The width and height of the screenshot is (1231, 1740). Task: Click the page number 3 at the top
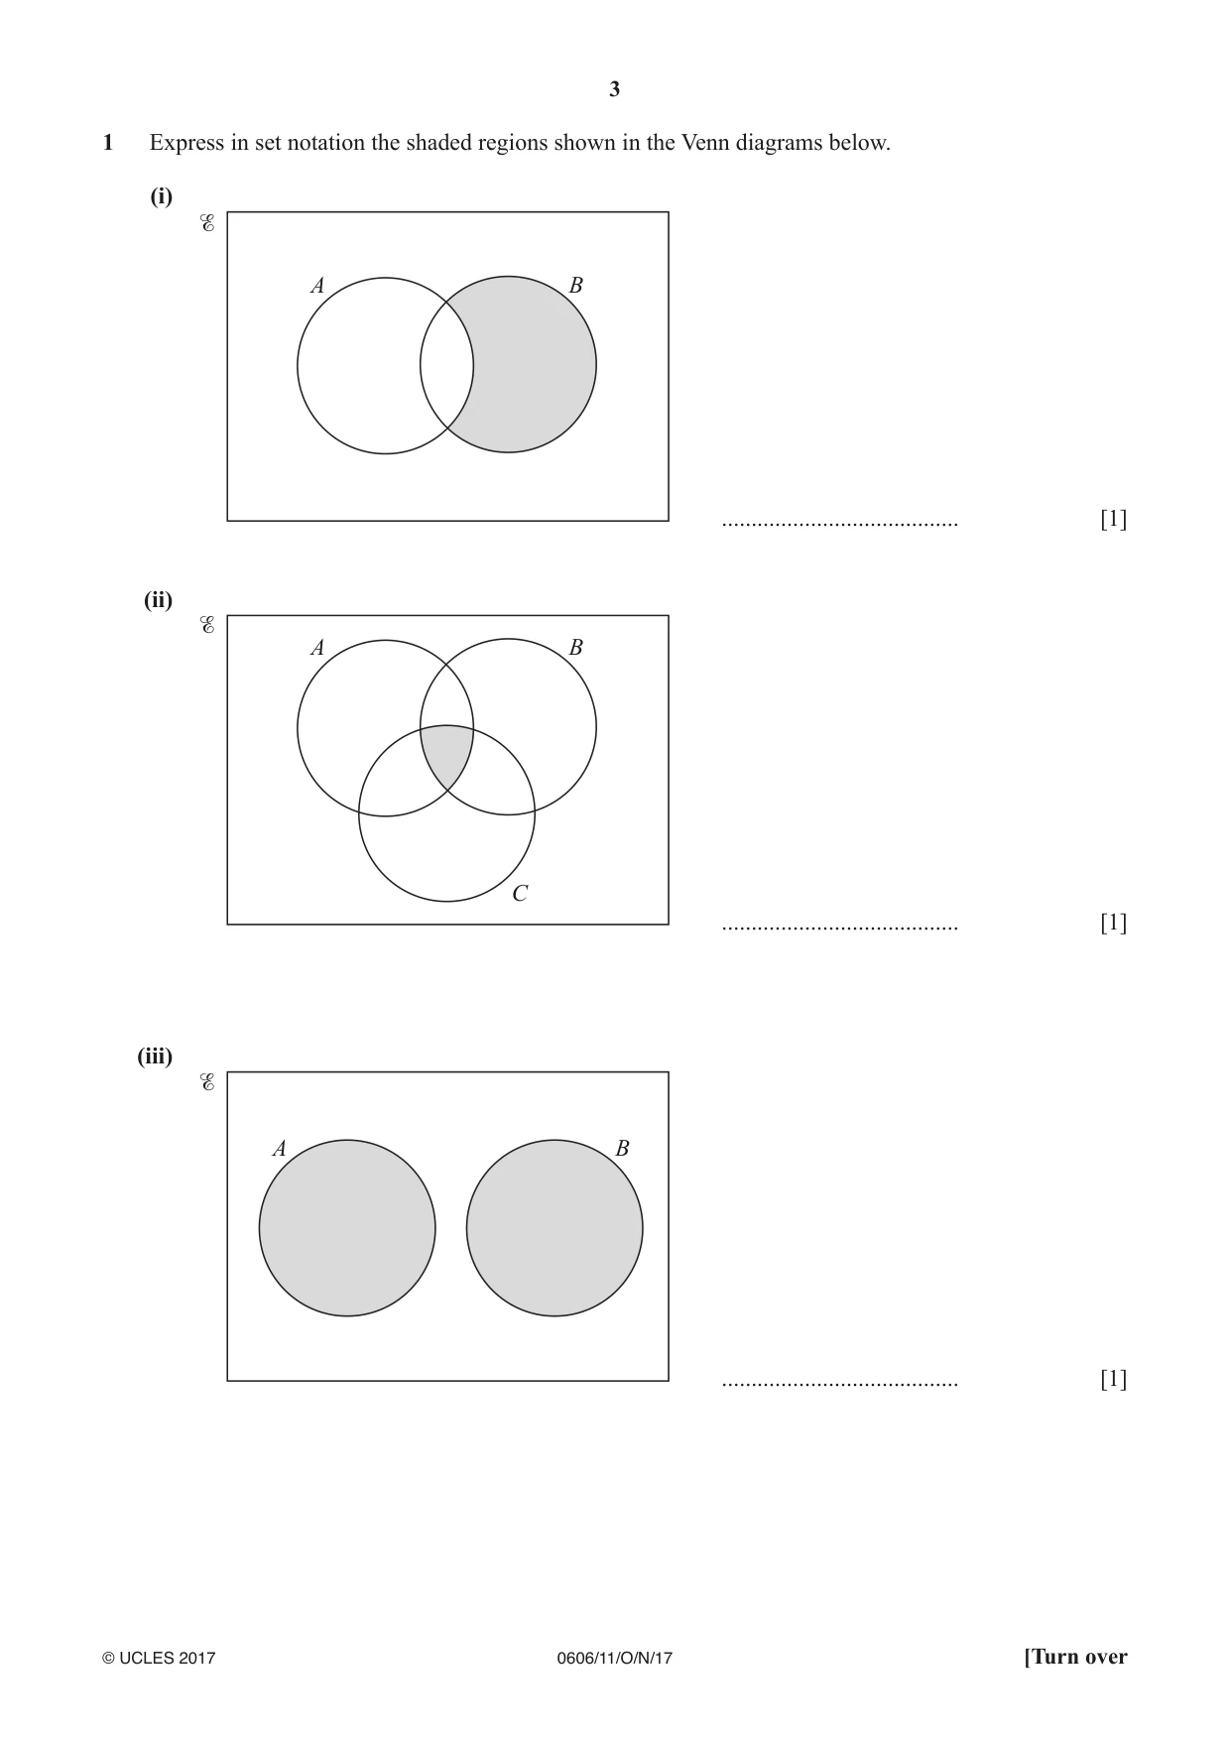point(614,89)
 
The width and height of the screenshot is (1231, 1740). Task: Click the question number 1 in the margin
point(108,143)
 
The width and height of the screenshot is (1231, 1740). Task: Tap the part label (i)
point(162,196)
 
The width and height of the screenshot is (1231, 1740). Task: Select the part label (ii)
point(159,600)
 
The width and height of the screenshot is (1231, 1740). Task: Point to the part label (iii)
point(155,1056)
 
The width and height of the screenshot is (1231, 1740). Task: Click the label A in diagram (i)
point(317,286)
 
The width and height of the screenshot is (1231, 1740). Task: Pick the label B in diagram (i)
point(575,286)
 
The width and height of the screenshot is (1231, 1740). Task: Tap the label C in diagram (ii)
point(520,894)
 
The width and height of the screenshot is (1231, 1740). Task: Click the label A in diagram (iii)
point(279,1149)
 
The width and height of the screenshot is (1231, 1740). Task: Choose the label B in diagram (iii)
point(622,1149)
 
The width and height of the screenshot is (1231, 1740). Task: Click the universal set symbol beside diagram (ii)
point(207,626)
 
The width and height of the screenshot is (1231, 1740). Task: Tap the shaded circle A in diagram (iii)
point(347,1228)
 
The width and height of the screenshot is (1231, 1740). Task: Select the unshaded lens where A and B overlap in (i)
point(447,365)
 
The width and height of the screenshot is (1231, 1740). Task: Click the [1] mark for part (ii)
point(1114,923)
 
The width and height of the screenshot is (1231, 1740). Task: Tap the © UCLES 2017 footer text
point(159,1658)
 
